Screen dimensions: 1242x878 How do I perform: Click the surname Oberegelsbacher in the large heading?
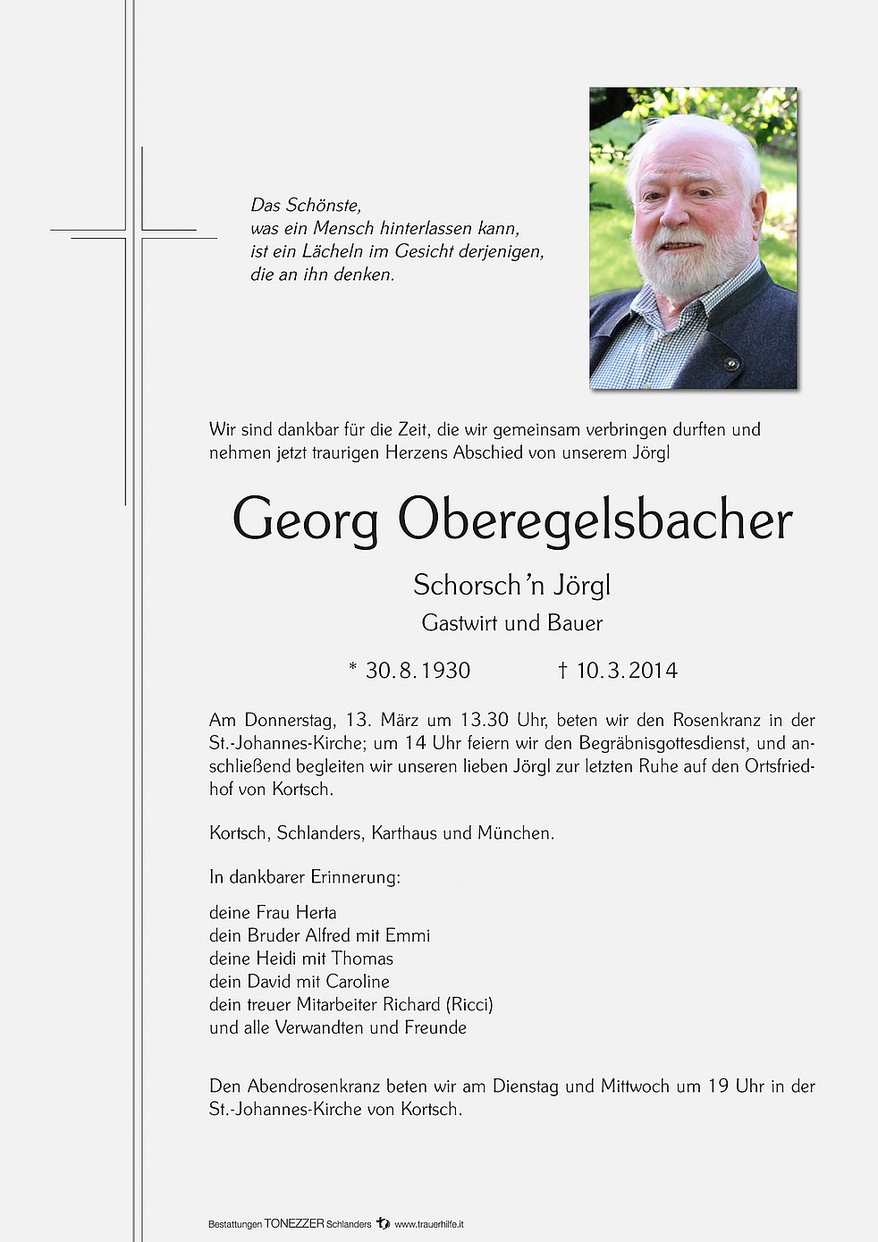coord(595,520)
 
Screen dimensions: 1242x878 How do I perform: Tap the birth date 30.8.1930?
coord(418,671)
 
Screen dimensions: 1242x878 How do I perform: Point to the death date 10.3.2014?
coord(626,671)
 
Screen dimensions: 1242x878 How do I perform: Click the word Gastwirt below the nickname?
coord(460,623)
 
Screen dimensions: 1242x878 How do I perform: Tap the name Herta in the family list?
coord(316,913)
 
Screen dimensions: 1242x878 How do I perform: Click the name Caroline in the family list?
coord(358,982)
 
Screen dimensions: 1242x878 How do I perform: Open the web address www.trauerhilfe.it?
coord(429,1224)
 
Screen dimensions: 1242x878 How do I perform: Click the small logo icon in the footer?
coord(383,1223)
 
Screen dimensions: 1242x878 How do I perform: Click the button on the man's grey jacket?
coord(731,363)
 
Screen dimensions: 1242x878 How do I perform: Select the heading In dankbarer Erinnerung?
coord(305,877)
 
